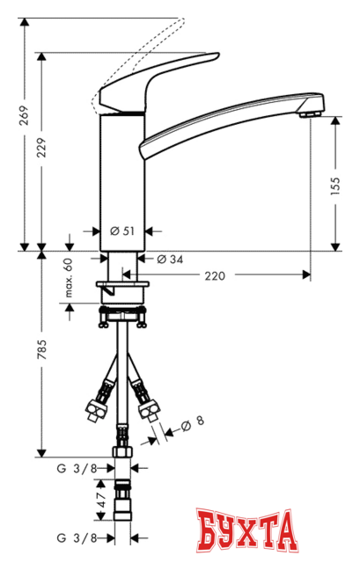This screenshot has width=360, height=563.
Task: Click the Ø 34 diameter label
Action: [x=170, y=259]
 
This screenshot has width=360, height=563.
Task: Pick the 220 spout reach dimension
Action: [x=214, y=275]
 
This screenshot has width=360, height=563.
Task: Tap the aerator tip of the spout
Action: [x=307, y=111]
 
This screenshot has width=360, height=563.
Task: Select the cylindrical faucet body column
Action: [x=121, y=176]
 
